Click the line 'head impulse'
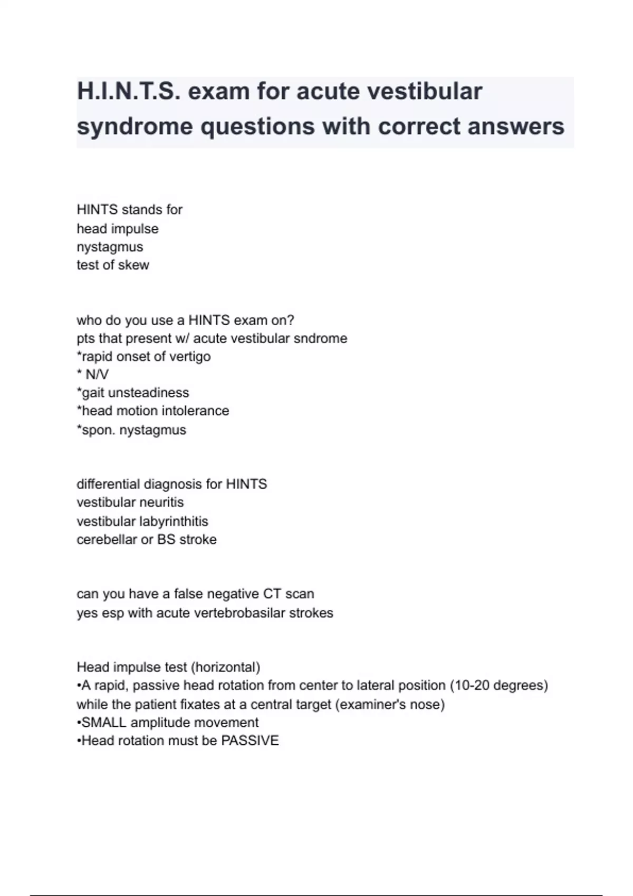(117, 229)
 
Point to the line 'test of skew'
(112, 265)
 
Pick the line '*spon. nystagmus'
(131, 430)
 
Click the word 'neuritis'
(159, 502)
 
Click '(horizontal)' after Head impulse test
(225, 667)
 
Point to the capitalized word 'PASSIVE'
(250, 741)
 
